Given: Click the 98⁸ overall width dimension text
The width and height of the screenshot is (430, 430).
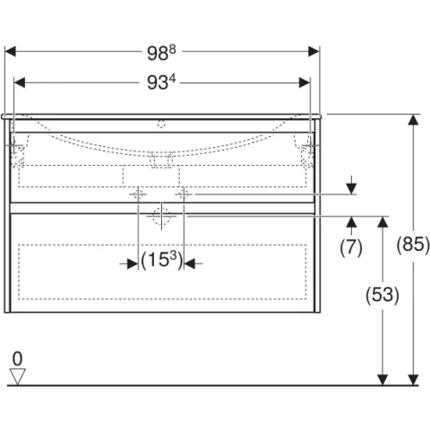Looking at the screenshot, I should [162, 51].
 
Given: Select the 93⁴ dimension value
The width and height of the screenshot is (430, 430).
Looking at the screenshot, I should [162, 83].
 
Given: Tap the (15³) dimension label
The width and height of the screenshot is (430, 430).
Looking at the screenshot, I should [161, 262].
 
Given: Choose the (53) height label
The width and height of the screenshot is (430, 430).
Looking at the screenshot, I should [383, 294].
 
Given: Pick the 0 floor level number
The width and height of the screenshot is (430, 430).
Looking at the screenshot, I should [17, 358].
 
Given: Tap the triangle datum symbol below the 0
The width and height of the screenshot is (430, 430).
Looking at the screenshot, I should [17, 375].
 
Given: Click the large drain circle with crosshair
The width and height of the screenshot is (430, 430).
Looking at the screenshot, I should [161, 216].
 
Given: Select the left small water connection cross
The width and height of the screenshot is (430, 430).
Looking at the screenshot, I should [138, 193].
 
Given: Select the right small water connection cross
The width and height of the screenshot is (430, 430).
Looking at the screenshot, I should [184, 193].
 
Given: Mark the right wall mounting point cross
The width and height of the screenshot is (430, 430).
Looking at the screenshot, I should [310, 146].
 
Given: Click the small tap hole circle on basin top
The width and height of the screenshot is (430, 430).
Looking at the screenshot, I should [162, 125].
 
